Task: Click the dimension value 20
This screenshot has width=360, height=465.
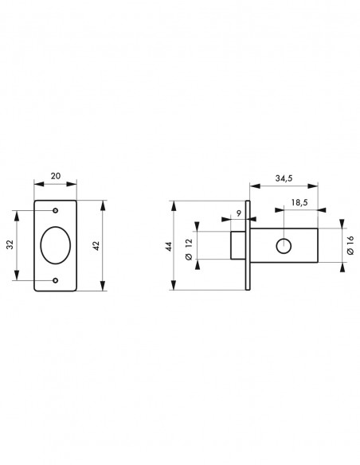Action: coord(56,176)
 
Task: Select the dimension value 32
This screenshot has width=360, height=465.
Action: coord(10,244)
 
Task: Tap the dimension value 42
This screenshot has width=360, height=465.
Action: coord(96,246)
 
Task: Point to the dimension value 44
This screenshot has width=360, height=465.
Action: coord(169,247)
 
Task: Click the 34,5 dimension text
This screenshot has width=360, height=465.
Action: coord(284,178)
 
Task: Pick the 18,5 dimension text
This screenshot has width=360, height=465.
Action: coord(299,202)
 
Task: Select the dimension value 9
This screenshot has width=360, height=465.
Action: coord(239,213)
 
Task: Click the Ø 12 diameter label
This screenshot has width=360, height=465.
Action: coord(189,249)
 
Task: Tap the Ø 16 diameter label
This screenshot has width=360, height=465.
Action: coord(350,245)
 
